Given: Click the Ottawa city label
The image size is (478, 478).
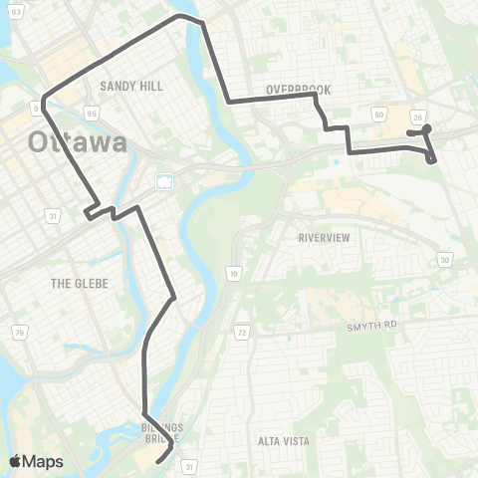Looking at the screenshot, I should click(78, 141).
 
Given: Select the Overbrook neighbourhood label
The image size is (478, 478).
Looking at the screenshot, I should click(297, 90).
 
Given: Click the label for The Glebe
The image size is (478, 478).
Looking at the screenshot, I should click(79, 284).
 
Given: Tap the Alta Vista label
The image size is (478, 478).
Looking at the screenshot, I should click(284, 440).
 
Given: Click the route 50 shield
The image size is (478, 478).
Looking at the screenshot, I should click(378, 117).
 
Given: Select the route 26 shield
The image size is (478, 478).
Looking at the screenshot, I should click(417, 117).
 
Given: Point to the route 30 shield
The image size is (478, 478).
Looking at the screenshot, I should click(444, 259).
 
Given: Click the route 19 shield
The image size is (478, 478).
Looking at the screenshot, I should click(232, 271).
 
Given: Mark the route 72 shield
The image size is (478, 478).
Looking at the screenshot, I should click(241, 330).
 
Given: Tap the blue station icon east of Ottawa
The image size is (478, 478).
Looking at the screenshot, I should click(163, 181).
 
